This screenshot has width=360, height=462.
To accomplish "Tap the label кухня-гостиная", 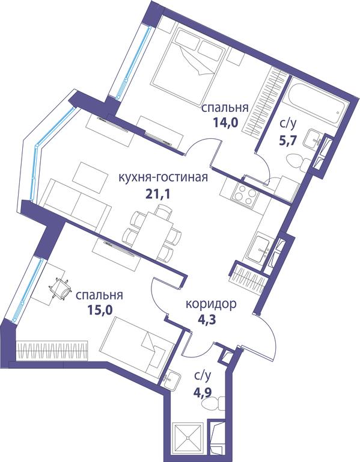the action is (163, 177).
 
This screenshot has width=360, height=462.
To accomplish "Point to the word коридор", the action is (211, 304).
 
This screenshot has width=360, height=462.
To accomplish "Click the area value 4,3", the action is (207, 319).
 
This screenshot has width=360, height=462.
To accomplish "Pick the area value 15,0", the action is (100, 310).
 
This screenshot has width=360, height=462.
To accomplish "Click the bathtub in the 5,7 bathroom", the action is (314, 99).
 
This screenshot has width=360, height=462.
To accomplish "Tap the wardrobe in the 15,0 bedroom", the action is (52, 350).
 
